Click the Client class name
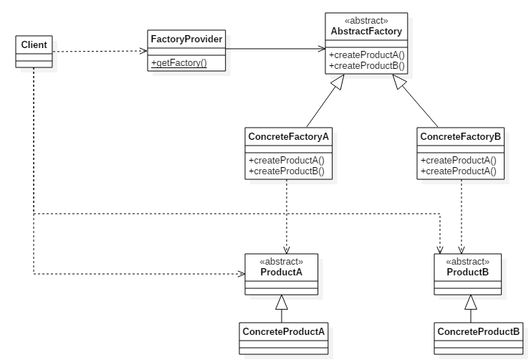(34, 44)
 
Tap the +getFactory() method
(178, 62)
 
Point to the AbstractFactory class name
(366, 32)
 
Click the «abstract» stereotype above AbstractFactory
(366, 22)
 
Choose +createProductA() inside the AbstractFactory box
(366, 55)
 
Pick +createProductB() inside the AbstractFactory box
(366, 65)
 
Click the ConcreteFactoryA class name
(287, 136)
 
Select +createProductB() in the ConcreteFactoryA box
(287, 171)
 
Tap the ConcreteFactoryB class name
(461, 136)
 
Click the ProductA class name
(281, 272)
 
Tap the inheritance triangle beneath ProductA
(281, 302)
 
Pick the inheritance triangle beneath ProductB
(471, 302)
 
